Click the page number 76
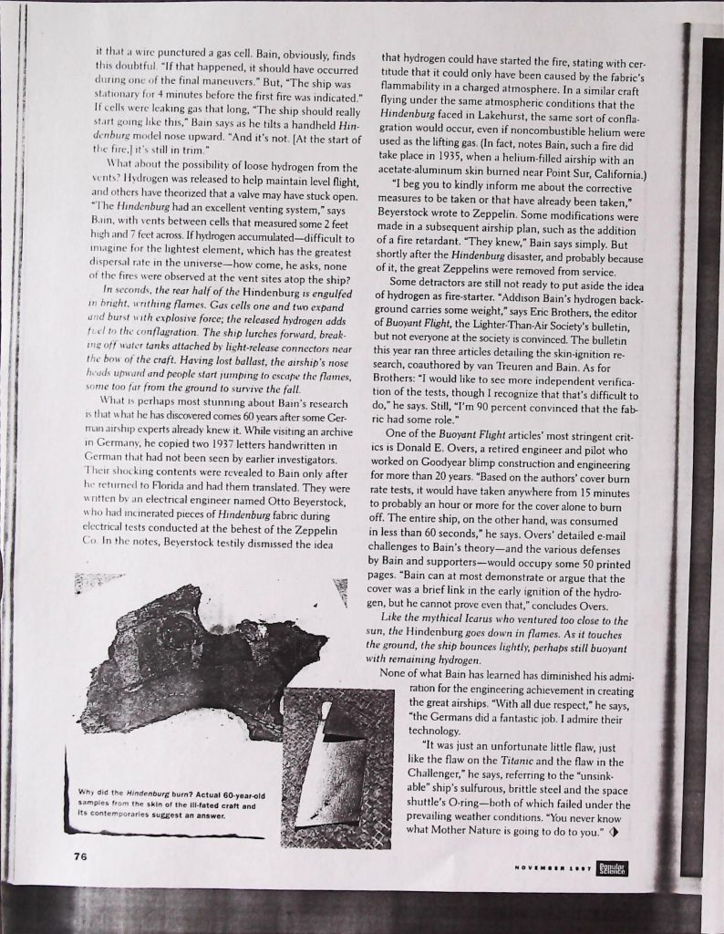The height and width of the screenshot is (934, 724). point(80,856)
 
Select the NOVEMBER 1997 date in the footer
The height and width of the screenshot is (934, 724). point(553,869)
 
